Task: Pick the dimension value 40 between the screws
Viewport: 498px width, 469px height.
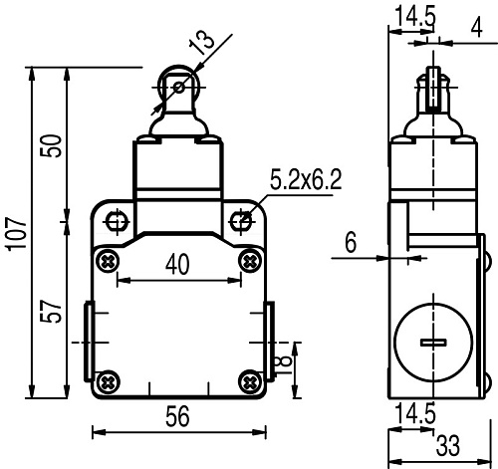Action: (x=177, y=265)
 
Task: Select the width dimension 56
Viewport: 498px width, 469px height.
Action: (x=177, y=419)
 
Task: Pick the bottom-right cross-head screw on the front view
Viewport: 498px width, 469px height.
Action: (x=250, y=380)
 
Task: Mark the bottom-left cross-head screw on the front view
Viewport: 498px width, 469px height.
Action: (x=108, y=380)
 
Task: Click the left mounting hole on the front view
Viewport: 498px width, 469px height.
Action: (x=116, y=218)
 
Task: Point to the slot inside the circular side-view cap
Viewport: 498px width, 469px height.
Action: (x=434, y=344)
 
